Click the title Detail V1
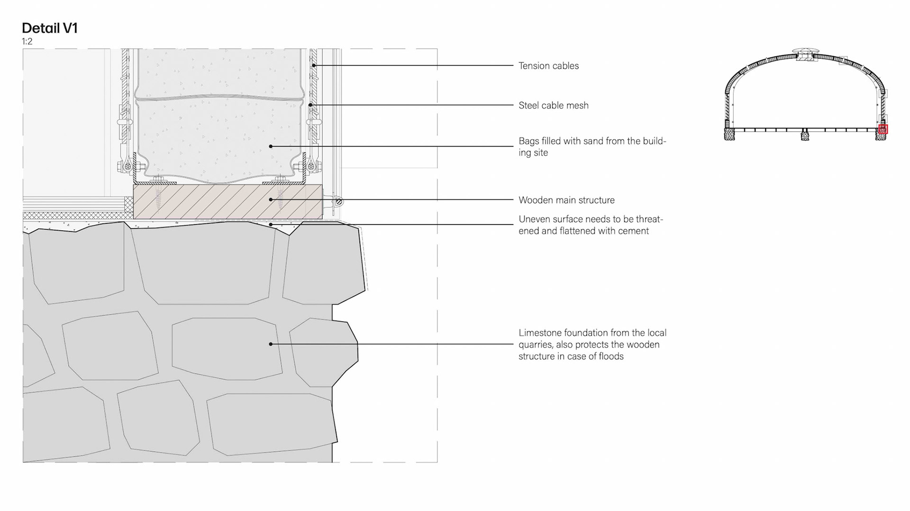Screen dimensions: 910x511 pos(49,28)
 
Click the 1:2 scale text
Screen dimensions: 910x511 pos(27,42)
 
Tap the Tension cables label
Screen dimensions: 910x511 pos(548,66)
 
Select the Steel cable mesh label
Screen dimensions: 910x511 pos(553,106)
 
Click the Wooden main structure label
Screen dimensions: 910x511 pos(566,200)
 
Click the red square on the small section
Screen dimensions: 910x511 pos(883,129)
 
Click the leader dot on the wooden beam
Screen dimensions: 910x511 pos(271,200)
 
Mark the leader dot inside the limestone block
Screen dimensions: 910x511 pos(271,344)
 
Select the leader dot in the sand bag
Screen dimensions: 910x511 pos(271,146)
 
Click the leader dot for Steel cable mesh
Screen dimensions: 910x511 pos(310,105)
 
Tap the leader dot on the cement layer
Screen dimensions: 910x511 pos(271,224)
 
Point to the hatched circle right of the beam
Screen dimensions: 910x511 pos(338,202)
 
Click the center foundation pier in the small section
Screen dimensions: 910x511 pos(804,136)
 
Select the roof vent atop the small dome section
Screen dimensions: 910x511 pos(804,51)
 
